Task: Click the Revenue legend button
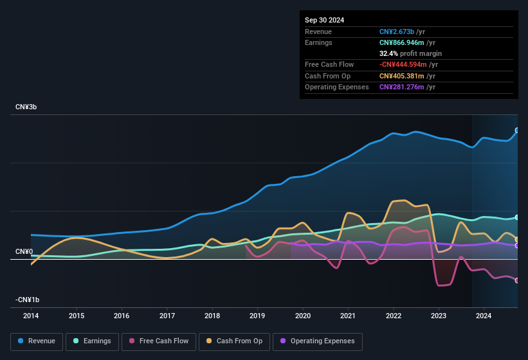click(37, 341)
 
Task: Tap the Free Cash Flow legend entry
click(159, 341)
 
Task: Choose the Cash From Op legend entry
click(234, 341)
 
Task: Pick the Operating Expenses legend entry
click(318, 341)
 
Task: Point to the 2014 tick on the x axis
click(31, 316)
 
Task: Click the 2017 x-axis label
click(167, 316)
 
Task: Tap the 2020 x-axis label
click(303, 316)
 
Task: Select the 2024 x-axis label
click(484, 316)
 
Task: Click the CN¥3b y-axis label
click(26, 107)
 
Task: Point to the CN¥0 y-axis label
click(24, 251)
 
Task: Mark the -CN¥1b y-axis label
click(28, 300)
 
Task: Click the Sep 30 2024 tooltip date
click(324, 20)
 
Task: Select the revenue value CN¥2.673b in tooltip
click(397, 32)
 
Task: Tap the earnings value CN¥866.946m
click(401, 42)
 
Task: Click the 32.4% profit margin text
click(410, 53)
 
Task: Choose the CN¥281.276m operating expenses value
click(401, 87)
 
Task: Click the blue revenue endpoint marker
click(517, 130)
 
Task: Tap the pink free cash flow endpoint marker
click(517, 280)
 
